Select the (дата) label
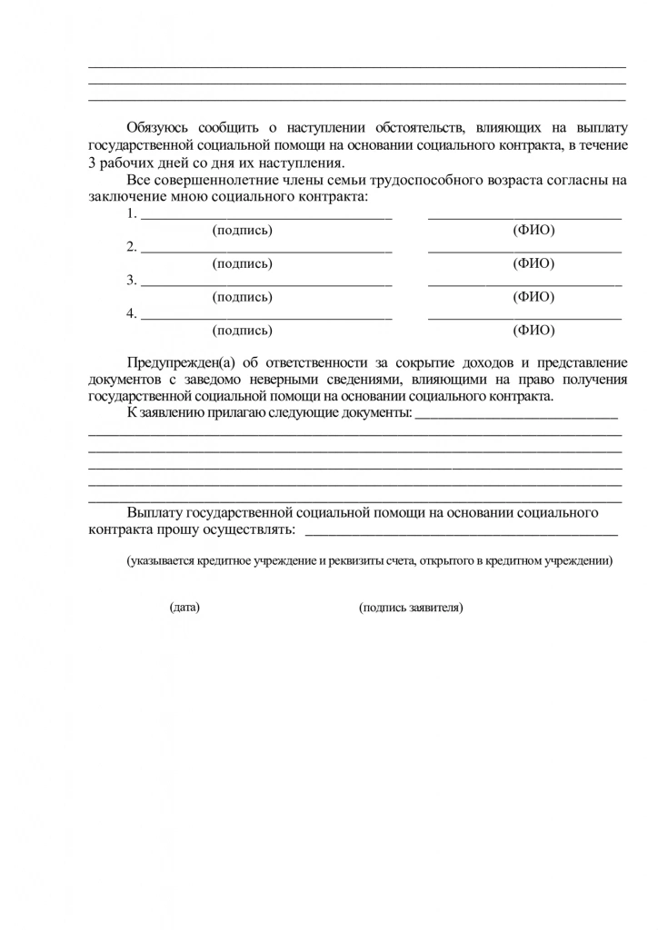click(184, 608)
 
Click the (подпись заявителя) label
click(411, 608)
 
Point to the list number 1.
click(131, 214)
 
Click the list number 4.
click(131, 314)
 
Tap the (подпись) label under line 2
click(242, 263)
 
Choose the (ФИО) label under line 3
click(534, 297)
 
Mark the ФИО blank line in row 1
click(524, 219)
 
